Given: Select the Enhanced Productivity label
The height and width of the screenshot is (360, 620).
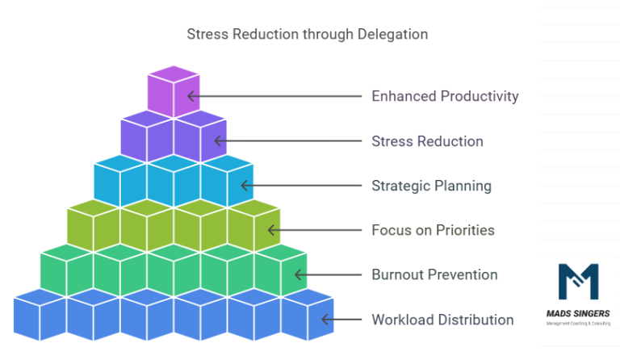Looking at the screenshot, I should point(445,96).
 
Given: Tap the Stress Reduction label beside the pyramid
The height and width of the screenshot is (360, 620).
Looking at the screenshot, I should point(427,141).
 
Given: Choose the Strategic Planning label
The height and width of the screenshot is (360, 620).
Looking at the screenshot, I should point(431,186).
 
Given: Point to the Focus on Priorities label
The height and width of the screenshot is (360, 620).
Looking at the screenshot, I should point(433,230).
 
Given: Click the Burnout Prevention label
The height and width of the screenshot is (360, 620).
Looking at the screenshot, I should point(434,274).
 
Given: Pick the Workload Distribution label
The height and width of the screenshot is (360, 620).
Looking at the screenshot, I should point(442,320).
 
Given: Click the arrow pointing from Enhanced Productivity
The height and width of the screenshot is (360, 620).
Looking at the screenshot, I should point(274,96).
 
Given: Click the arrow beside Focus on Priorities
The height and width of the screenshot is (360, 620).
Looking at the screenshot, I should point(315,230).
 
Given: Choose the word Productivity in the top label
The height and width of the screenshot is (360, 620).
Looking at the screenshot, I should point(480,96).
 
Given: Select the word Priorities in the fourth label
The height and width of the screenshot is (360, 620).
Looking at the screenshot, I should point(465,230).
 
